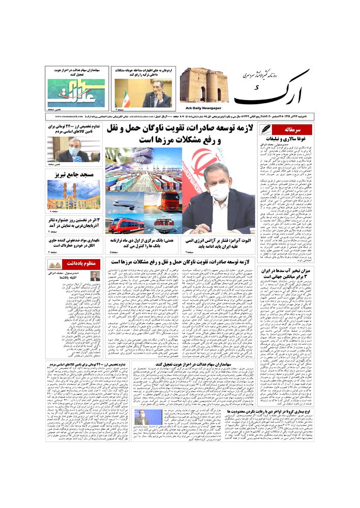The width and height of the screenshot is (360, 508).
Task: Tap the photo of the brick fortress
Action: [203, 85]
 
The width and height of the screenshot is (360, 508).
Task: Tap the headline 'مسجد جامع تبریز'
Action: [74, 174]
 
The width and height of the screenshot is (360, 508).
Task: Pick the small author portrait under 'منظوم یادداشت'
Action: [95, 276]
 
